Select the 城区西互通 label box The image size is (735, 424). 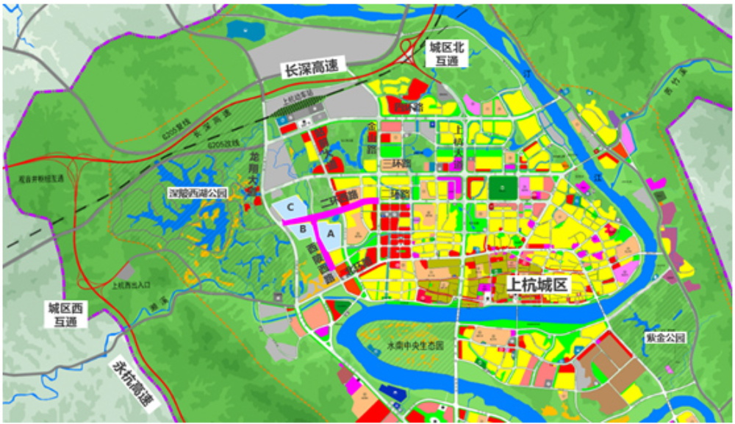(65, 314)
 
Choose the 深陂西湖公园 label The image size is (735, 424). (198, 193)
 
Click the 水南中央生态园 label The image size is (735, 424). (415, 345)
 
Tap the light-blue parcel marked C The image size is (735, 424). (291, 206)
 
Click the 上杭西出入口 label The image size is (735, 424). (130, 285)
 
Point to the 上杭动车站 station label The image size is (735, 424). (298, 103)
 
